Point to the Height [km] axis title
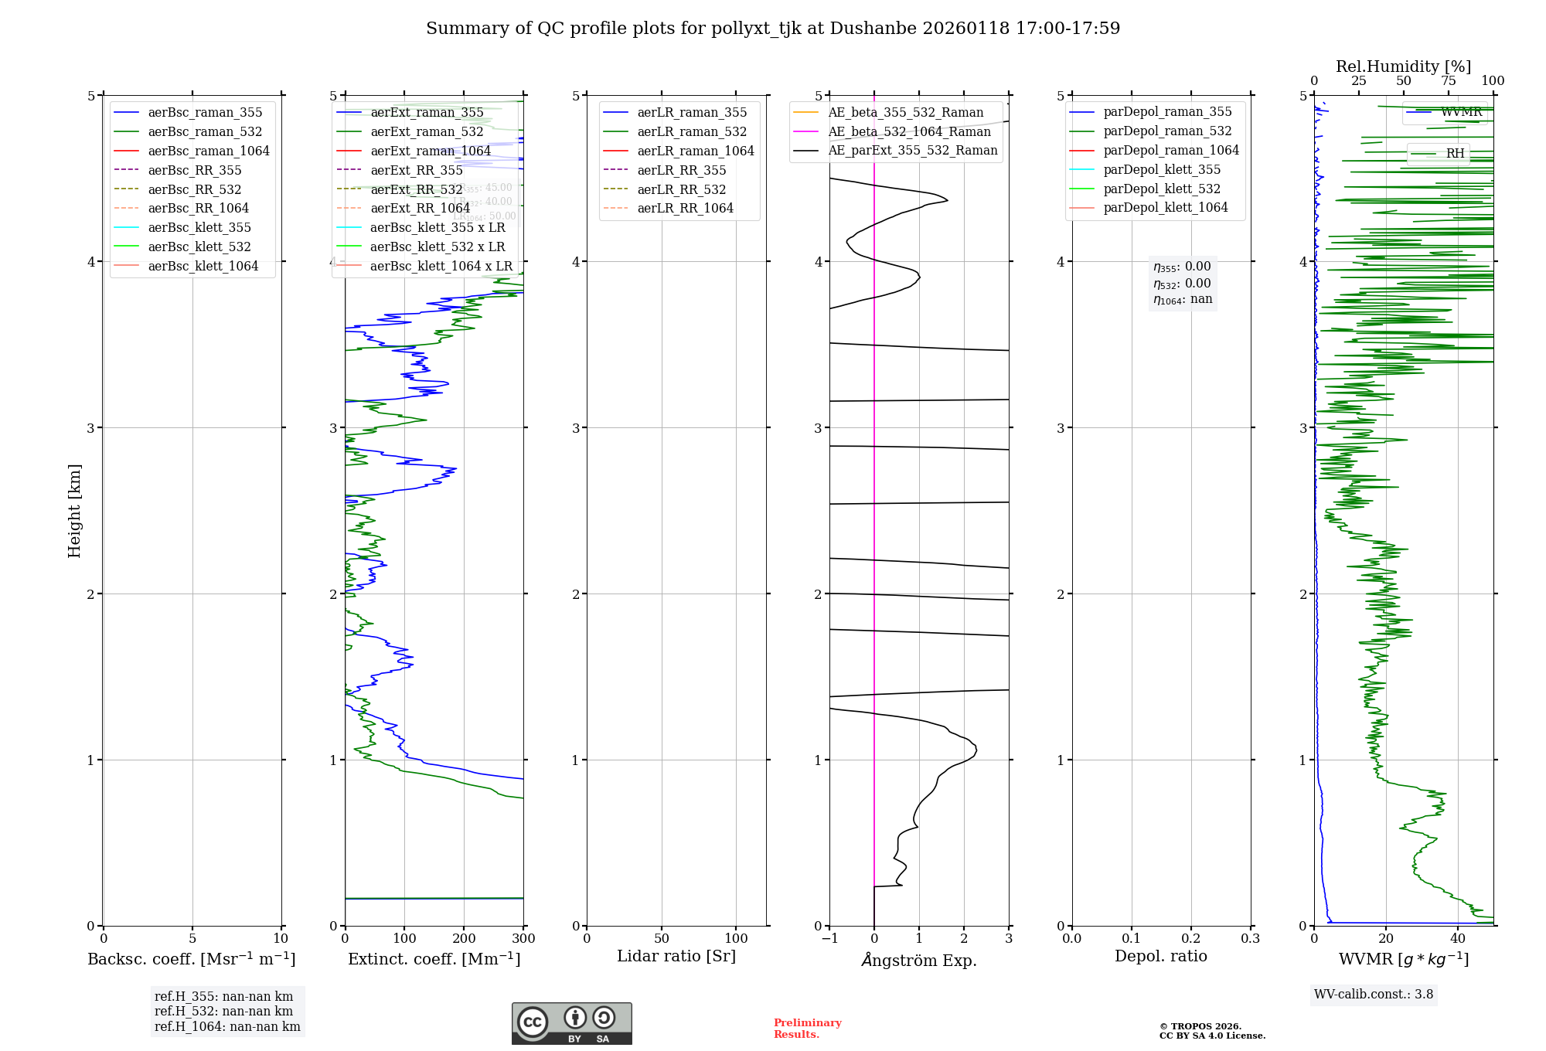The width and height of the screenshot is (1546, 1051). (74, 510)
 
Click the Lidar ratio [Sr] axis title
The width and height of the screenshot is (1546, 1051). (676, 956)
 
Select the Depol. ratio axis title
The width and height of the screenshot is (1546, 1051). (1160, 956)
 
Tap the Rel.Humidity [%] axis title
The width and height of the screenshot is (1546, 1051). (1403, 66)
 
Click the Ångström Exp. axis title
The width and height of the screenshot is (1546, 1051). (919, 960)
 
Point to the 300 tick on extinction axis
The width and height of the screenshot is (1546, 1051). (523, 938)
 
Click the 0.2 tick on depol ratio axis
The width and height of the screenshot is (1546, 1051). (1191, 938)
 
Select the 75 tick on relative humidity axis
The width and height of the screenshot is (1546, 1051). (1448, 81)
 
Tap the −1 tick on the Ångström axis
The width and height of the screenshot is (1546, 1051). (829, 938)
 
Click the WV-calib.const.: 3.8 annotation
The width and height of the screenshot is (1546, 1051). (1373, 994)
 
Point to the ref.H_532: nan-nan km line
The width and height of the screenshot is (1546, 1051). (223, 1011)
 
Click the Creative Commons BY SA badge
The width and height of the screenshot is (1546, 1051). (571, 1023)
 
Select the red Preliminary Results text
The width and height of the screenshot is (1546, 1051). (807, 1028)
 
